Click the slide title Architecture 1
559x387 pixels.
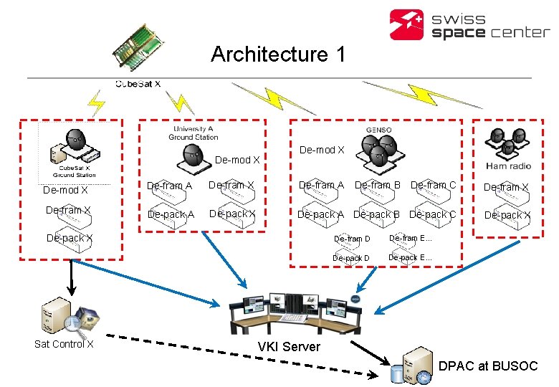click(278, 54)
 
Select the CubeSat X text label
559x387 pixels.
click(138, 84)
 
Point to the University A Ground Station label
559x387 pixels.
click(193, 133)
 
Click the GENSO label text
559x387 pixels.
click(379, 130)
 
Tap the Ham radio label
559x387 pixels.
click(507, 166)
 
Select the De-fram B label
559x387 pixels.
click(377, 185)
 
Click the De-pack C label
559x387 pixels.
click(432, 214)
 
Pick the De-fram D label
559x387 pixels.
click(352, 239)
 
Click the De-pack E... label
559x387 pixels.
click(410, 257)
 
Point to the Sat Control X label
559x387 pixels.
click(64, 344)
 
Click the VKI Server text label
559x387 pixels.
click(289, 347)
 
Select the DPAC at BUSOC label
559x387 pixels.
click(487, 365)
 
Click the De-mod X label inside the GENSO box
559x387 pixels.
click(322, 150)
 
